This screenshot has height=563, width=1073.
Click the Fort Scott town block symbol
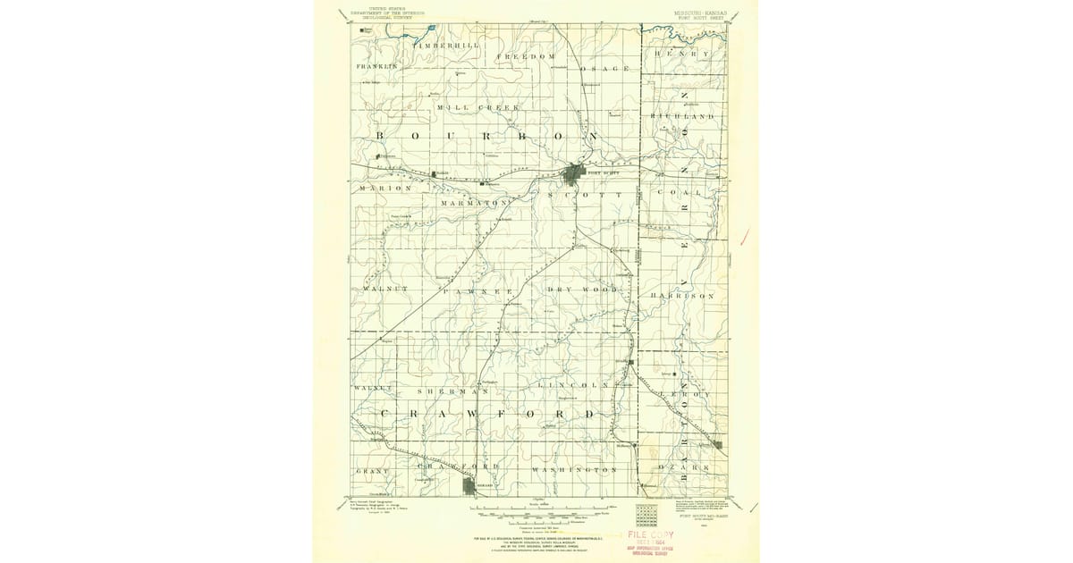point(579,171)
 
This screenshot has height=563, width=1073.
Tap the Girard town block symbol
point(471,485)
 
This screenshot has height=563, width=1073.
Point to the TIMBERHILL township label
point(446,45)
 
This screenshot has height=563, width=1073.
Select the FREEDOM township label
point(527,56)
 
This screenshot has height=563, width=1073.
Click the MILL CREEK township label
point(477,107)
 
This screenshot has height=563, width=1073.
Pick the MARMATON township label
point(474,203)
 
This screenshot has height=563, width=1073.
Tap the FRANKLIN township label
point(376,67)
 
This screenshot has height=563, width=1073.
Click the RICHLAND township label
point(683,117)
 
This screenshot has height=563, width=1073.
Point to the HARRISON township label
point(683,295)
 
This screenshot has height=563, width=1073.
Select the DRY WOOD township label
point(582,290)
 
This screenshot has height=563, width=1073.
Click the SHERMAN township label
point(453,391)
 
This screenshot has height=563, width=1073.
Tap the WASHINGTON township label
point(574,469)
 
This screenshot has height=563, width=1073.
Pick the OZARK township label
point(682,467)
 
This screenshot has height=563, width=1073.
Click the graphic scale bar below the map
point(536,513)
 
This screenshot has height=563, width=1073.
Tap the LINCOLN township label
point(574,385)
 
